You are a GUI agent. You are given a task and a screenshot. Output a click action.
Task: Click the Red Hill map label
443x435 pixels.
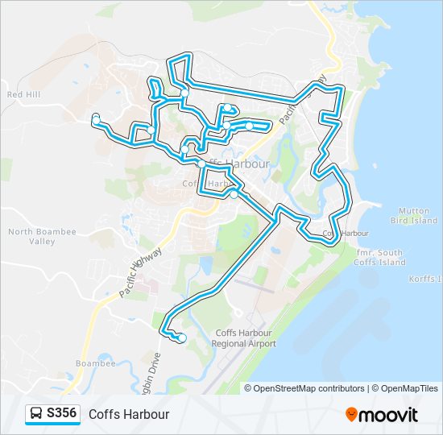pyautogui.click(x=23, y=94)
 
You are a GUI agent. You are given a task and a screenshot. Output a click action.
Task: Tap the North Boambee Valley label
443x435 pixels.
pyautogui.click(x=32, y=236)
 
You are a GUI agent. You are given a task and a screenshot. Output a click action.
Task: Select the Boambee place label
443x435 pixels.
pyautogui.click(x=96, y=363)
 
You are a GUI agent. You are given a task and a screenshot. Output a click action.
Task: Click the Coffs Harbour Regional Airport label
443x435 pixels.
pyautogui.click(x=243, y=338)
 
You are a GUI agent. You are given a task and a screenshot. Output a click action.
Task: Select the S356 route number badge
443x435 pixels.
pyautogui.click(x=62, y=413)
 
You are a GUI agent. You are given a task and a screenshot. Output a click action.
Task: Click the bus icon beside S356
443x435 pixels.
pyautogui.click(x=35, y=414)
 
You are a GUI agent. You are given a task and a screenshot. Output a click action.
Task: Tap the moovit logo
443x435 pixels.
pyautogui.click(x=382, y=415)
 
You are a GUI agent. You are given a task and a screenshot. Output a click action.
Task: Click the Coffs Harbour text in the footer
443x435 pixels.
pyautogui.click(x=129, y=414)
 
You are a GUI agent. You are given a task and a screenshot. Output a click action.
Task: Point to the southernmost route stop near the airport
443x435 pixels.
pyautogui.click(x=182, y=338)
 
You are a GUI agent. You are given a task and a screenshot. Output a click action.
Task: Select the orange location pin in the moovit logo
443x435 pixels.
pyautogui.click(x=352, y=414)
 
